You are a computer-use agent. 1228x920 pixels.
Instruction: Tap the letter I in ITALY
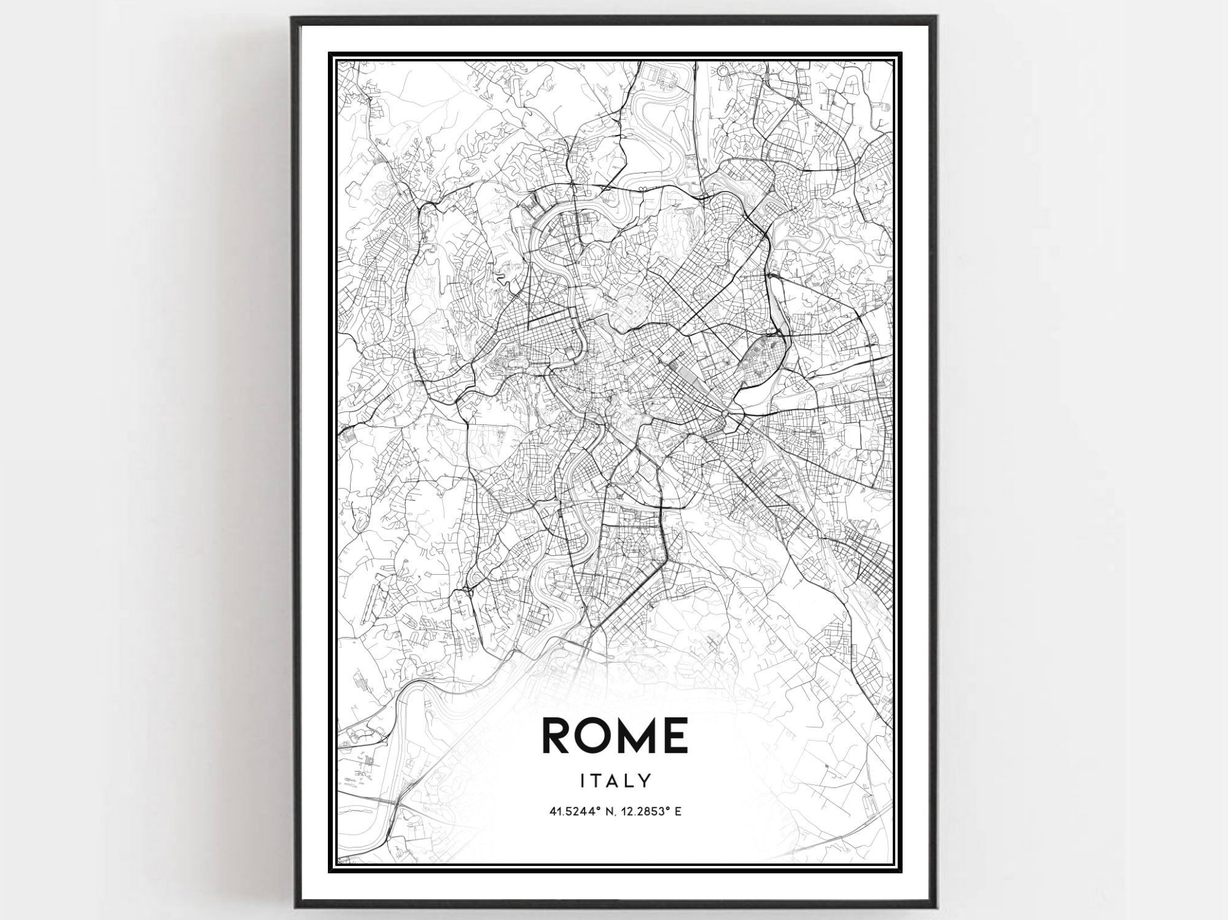583,781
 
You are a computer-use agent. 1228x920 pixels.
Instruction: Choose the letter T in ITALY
596,781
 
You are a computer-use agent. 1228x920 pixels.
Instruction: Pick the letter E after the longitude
678,812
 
